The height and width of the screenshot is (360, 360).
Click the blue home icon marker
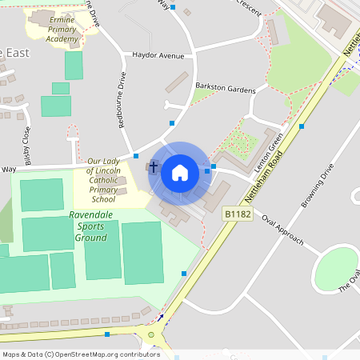pyautogui.click(x=180, y=172)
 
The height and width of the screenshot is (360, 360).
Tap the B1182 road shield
pyautogui.click(x=238, y=214)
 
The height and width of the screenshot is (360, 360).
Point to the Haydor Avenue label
pyautogui.click(x=158, y=56)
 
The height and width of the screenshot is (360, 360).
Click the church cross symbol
pyautogui.click(x=153, y=168)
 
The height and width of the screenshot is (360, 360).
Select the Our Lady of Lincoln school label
pyautogui.click(x=103, y=179)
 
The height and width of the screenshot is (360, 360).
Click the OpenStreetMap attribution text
pyautogui.click(x=81, y=354)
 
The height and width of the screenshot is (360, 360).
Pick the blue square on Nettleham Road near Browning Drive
pyautogui.click(x=302, y=126)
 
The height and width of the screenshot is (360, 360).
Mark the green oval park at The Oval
pyautogui.click(x=337, y=267)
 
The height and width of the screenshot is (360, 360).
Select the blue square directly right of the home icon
pyautogui.click(x=207, y=170)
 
